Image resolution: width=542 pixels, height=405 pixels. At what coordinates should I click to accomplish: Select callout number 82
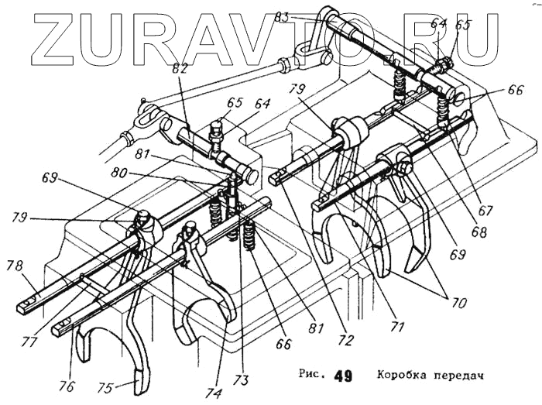pyautogui.click(x=180, y=70)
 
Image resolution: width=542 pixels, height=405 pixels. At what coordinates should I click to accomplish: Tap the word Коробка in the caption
pyautogui.click(x=405, y=376)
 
